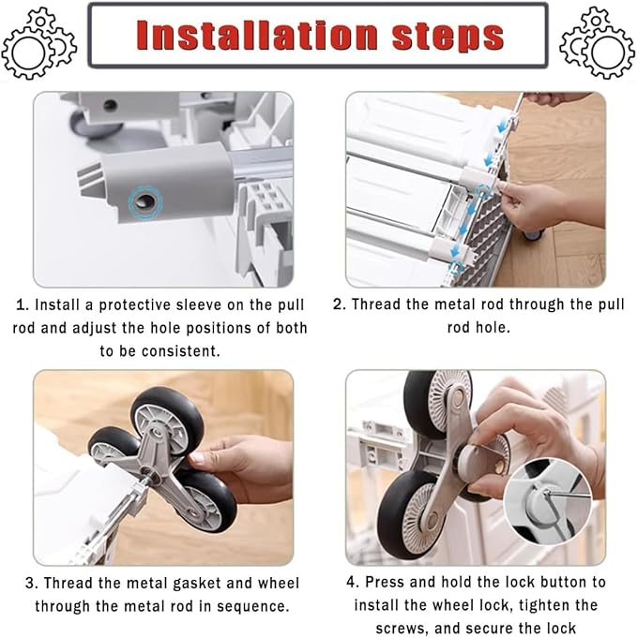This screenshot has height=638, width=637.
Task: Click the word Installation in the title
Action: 257,36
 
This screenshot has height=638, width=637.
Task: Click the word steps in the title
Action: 447,37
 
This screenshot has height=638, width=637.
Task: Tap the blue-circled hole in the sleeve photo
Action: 145,201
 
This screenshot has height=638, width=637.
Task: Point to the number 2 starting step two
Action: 339,304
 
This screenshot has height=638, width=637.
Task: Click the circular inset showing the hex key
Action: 547,501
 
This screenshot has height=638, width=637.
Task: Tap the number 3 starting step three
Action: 31,584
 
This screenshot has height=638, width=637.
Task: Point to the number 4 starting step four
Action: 352,582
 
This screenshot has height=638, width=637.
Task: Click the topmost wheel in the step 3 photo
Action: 168,420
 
